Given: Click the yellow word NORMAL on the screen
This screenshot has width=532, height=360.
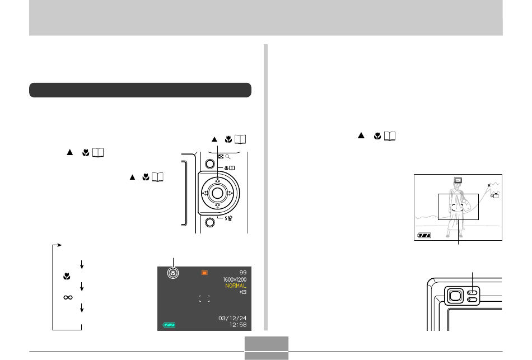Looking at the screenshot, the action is click(236, 286).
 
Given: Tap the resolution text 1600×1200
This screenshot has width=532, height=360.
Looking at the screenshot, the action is click(235, 279).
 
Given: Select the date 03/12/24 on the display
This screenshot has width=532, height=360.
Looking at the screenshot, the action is click(232, 318).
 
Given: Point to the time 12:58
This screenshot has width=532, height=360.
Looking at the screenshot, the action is click(238, 325).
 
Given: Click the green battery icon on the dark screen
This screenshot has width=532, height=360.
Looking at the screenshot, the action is click(169, 325).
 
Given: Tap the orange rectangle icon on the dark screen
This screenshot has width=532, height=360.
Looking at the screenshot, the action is click(204, 273).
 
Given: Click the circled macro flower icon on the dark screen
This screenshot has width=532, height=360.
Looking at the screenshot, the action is click(173, 273).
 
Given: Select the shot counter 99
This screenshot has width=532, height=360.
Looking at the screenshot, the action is click(243, 273).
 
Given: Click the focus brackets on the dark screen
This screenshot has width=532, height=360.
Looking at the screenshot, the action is click(204, 298).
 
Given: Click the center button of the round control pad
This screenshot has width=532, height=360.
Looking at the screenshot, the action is click(217, 193).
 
